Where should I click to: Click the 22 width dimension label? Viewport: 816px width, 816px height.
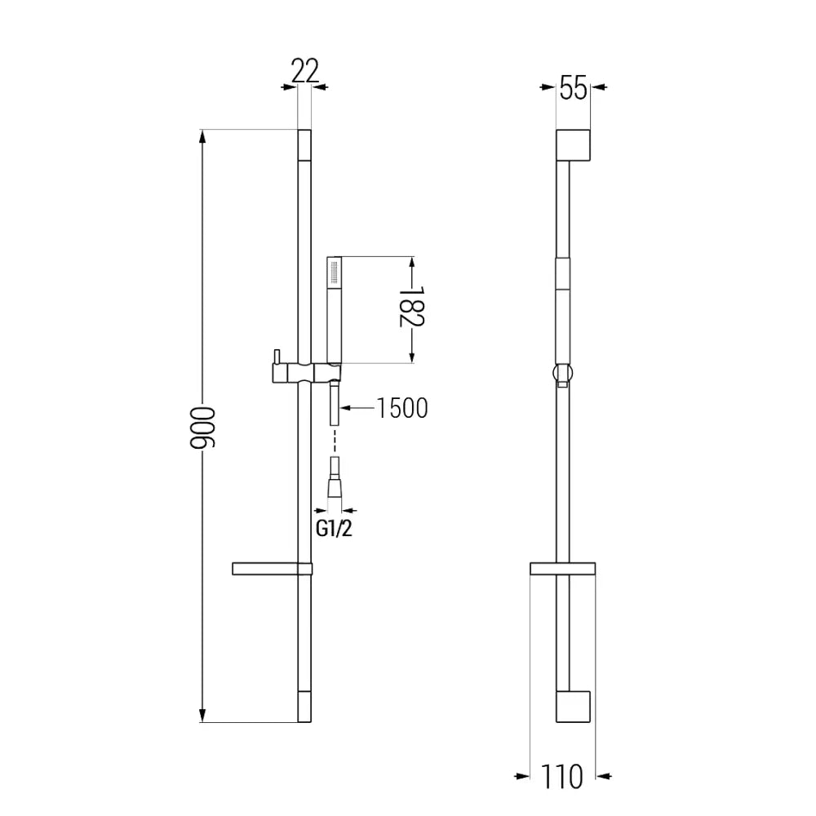pos(304,72)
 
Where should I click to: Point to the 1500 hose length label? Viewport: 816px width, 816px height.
pos(402,408)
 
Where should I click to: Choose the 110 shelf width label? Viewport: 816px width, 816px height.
pos(563,776)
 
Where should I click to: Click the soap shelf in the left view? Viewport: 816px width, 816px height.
pos(272,569)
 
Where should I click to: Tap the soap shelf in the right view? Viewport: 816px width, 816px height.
pos(562,569)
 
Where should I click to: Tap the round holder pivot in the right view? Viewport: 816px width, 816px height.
pos(562,375)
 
